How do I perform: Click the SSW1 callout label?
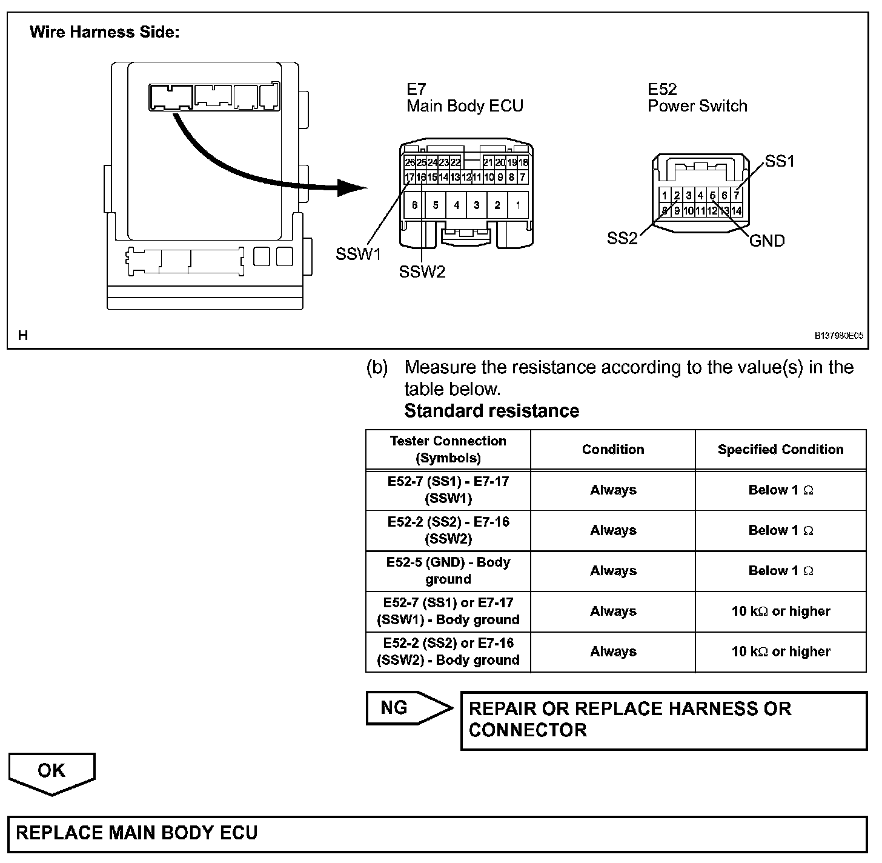(358, 255)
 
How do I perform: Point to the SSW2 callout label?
(422, 272)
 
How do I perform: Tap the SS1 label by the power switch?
(779, 161)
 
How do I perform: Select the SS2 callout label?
(622, 239)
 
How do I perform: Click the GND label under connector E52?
(767, 241)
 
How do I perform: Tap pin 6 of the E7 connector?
(414, 205)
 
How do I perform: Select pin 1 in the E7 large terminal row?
(518, 205)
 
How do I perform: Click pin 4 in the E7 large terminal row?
(456, 205)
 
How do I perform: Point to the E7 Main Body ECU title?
(465, 98)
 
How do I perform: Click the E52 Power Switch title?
(697, 98)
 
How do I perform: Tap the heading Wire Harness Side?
(104, 32)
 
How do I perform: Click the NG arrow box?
(408, 708)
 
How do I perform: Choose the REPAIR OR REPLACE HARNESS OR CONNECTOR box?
(664, 720)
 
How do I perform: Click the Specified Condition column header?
(780, 450)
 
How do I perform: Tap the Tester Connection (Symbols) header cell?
(448, 450)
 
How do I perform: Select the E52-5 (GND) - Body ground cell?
(448, 571)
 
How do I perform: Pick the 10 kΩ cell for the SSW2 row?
(780, 652)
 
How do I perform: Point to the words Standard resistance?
(491, 411)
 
